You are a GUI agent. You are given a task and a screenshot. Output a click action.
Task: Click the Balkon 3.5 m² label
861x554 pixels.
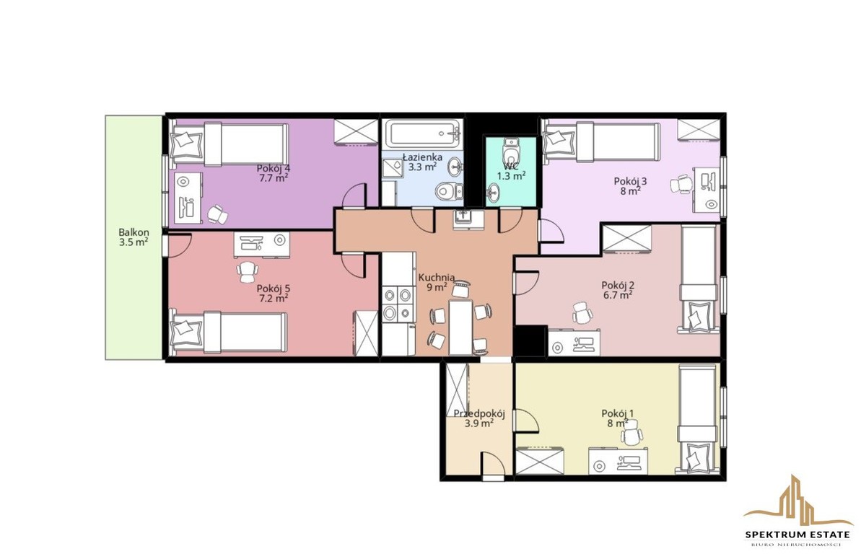[x=134, y=237]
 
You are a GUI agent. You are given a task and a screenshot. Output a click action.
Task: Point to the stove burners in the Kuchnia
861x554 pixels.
[x=397, y=304]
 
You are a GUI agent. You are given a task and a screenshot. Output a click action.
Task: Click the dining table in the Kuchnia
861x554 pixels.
[x=460, y=327]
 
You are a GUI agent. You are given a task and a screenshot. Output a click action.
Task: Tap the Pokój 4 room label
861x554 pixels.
[x=273, y=172]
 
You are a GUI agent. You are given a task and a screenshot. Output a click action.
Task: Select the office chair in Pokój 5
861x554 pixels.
[x=248, y=271]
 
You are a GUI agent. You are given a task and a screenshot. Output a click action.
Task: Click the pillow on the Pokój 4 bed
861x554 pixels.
[x=185, y=141]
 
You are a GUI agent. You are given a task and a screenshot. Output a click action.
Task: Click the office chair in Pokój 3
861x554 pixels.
[x=681, y=184]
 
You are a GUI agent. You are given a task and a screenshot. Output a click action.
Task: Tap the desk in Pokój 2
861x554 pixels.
[x=574, y=342]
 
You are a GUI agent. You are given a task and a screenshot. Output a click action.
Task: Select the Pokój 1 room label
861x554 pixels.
[x=618, y=418]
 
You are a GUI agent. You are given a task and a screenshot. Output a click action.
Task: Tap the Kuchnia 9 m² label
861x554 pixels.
[x=436, y=281]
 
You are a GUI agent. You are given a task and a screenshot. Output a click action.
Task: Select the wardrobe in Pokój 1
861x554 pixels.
[x=540, y=461]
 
